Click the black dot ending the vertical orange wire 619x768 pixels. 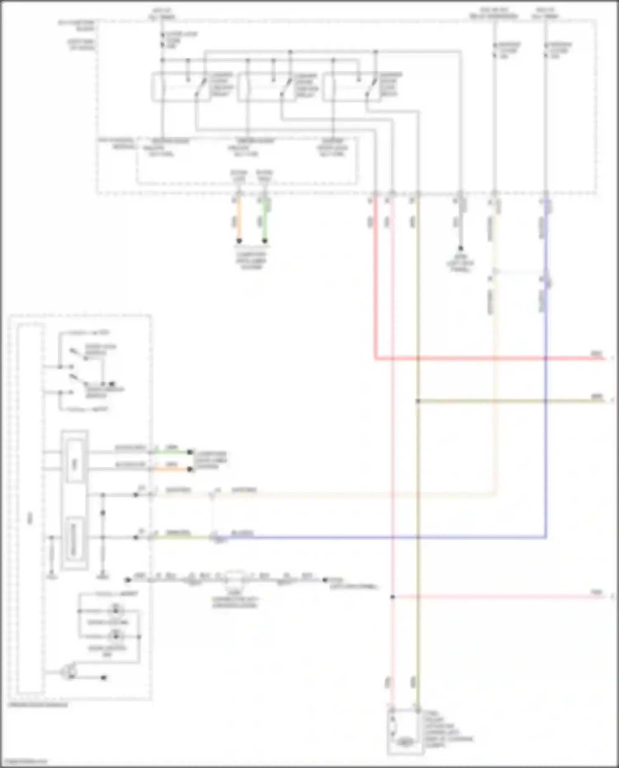(x=239, y=241)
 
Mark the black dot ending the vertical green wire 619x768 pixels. (x=265, y=241)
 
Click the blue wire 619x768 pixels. (x=546, y=413)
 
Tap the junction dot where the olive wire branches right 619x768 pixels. (x=418, y=401)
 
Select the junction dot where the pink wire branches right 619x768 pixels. (x=392, y=597)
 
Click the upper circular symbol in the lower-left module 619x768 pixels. (x=116, y=610)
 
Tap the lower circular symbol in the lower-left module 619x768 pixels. (x=116, y=636)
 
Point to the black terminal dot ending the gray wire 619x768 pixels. (x=461, y=248)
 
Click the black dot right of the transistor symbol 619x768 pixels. (x=104, y=678)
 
